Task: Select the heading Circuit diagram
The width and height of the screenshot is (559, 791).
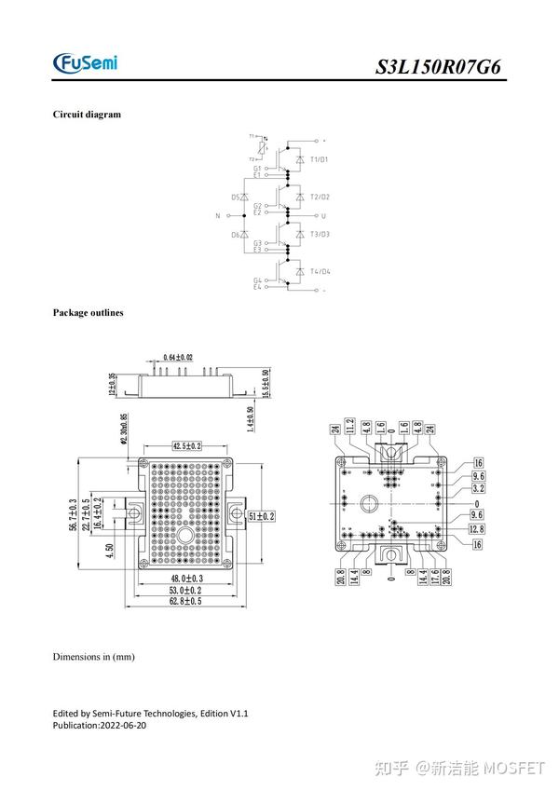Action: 87,115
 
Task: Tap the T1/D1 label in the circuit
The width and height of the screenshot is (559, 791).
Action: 320,159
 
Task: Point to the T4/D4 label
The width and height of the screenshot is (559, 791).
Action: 320,271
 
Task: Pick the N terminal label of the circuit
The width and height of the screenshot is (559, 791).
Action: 217,215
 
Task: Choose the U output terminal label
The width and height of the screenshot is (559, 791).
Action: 322,215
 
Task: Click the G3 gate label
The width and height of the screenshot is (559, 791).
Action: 257,243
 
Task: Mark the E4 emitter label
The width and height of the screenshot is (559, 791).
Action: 257,287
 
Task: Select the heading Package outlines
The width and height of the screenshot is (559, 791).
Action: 88,313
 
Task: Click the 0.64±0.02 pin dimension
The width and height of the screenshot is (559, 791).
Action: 178,358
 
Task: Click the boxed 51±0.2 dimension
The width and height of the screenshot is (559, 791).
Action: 259,515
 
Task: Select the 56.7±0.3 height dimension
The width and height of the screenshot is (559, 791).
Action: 74,515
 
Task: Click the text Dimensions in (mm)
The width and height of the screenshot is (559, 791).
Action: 93,657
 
